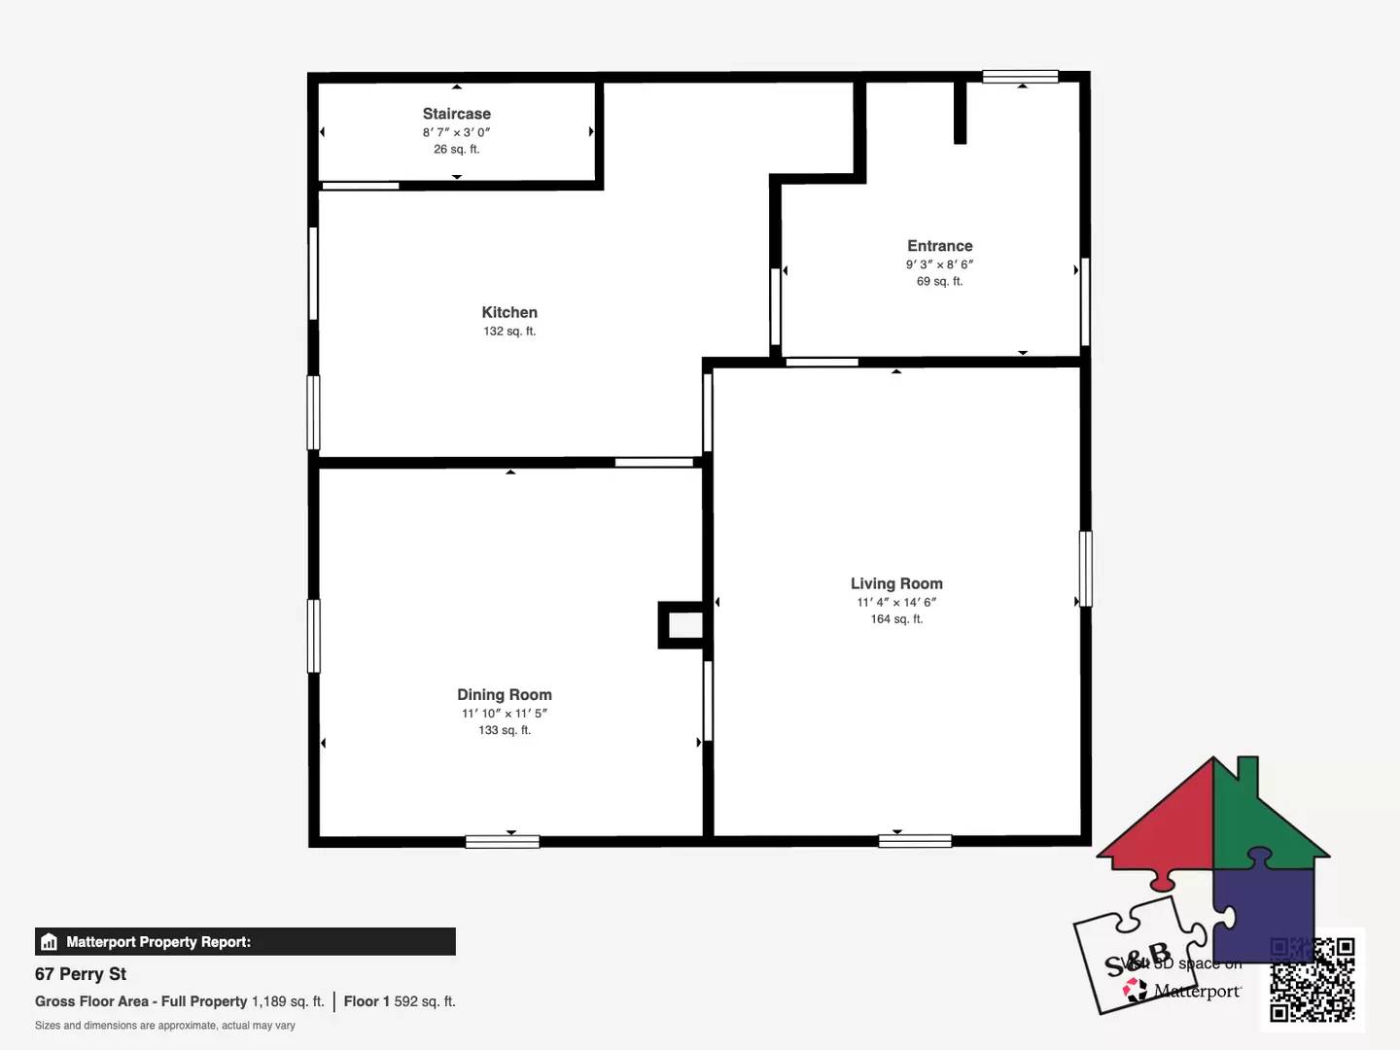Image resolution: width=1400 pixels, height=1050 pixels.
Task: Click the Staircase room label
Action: coord(456,114)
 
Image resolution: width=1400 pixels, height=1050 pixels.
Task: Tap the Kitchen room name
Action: coord(509,312)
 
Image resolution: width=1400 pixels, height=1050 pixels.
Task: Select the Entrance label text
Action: coord(939,246)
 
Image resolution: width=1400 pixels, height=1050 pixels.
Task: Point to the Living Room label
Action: coord(896,583)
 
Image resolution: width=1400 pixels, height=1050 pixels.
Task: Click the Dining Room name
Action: coord(505,694)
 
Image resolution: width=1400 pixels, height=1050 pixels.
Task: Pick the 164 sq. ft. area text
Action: coord(896,619)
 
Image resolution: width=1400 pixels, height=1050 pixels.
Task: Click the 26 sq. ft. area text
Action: coord(456,150)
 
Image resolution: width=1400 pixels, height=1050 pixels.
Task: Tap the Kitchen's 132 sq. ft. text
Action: coord(509,332)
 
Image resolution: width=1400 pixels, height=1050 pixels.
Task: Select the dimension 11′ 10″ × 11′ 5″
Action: coord(505,714)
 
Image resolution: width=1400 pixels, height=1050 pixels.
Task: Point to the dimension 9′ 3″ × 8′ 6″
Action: coord(939,264)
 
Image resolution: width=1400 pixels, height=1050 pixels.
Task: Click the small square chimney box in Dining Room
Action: coord(682,625)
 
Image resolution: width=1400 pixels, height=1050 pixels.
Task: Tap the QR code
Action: coord(1312,979)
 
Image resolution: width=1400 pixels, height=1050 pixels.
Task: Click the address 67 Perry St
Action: coord(81,974)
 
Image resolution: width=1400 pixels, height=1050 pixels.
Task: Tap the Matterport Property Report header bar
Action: coord(245,941)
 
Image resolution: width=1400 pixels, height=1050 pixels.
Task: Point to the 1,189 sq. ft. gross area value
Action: coord(288,1001)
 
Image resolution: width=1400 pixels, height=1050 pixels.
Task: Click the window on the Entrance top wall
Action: coord(1020,77)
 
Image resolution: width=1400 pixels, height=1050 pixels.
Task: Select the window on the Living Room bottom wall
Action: coord(915,841)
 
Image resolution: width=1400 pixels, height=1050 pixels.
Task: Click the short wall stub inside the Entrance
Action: coord(960,112)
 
